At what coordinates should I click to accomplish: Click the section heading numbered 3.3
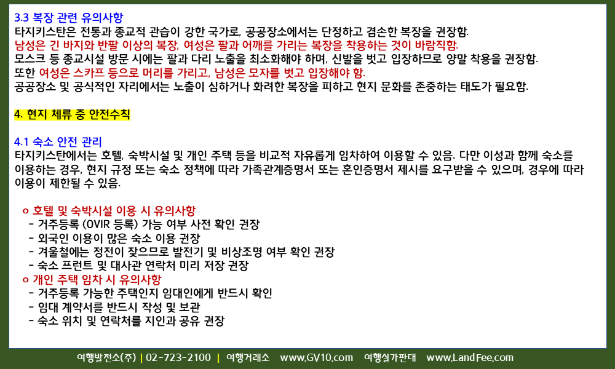(x=69, y=18)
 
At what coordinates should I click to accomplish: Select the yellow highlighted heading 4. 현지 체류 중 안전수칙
(x=72, y=114)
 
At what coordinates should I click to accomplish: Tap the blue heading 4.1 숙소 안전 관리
(x=58, y=141)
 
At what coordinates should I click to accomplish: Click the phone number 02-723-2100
(x=178, y=358)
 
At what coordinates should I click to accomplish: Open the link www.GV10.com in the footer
(x=316, y=358)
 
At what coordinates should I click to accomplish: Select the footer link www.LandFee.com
(x=469, y=358)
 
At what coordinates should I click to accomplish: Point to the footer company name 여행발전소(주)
(x=106, y=358)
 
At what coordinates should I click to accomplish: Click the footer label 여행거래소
(x=248, y=358)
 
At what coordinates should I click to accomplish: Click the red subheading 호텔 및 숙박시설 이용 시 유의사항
(x=114, y=211)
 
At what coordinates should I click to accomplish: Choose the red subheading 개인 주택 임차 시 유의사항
(x=97, y=280)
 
